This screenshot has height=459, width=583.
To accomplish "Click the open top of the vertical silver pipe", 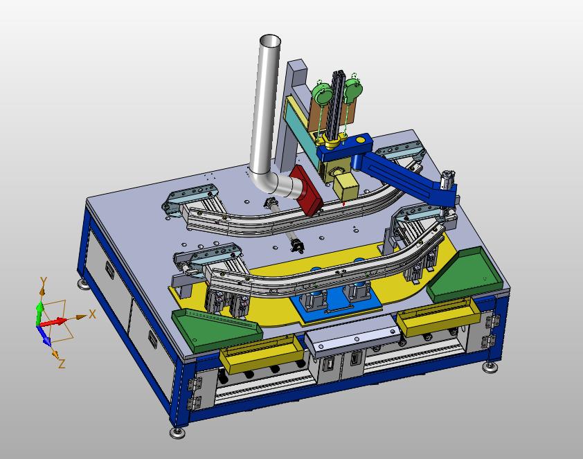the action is (270, 41).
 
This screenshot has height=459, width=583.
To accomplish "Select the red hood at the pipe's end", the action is (307, 191).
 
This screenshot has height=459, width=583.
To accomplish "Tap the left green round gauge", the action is (321, 92).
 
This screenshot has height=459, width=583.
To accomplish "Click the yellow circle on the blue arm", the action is (360, 140).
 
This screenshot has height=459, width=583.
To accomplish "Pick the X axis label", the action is (92, 314).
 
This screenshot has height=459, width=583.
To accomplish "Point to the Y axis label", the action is (44, 282).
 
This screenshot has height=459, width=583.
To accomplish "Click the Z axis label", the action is (62, 363).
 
